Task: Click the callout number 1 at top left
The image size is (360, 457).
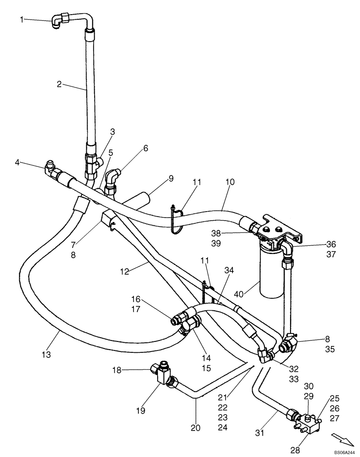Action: [21, 19]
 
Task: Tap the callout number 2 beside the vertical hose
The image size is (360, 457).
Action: [59, 84]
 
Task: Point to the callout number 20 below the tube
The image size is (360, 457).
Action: [196, 428]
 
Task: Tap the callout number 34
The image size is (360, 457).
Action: [228, 271]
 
